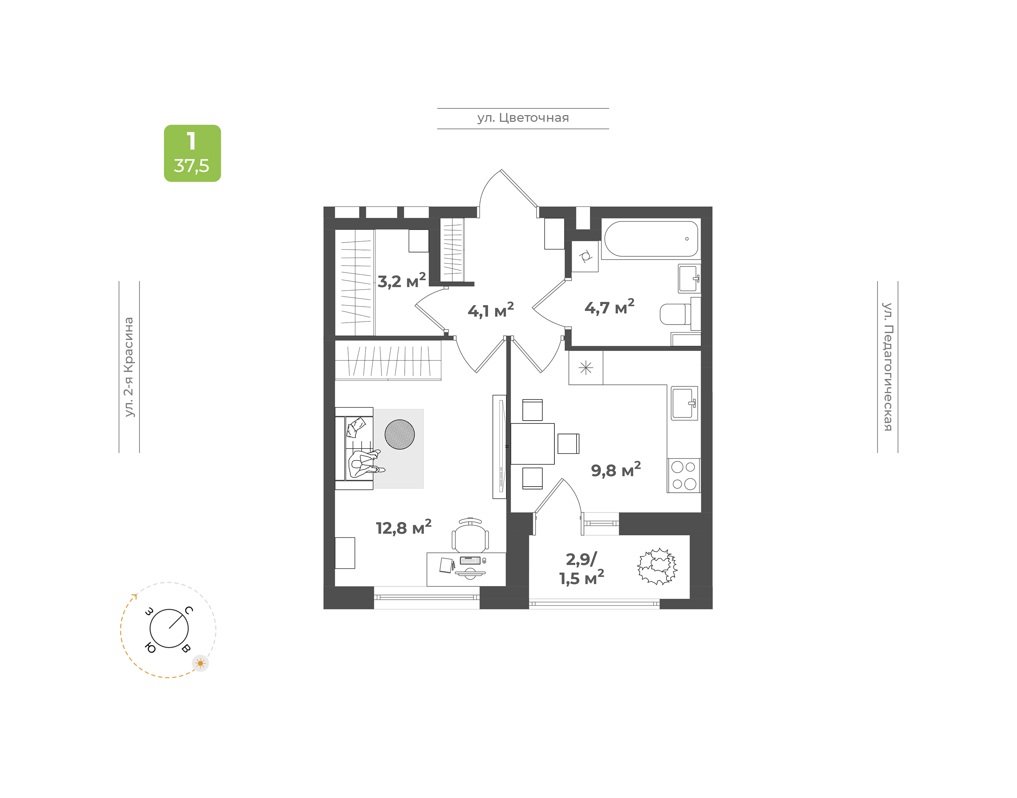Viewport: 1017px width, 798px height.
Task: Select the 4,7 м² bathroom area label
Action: (609, 306)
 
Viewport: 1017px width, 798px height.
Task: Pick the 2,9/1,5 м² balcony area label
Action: (582, 568)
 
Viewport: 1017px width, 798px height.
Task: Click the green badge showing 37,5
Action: (192, 153)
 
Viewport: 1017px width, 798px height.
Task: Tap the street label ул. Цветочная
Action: (523, 118)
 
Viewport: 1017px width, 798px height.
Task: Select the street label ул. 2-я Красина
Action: (129, 367)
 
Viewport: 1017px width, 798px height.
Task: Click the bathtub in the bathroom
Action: (651, 239)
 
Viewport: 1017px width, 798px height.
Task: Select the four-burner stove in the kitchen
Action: (683, 475)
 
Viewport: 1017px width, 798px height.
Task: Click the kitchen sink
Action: (684, 403)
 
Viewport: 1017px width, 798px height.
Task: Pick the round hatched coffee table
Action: (399, 434)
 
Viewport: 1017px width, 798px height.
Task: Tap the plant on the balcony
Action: (657, 566)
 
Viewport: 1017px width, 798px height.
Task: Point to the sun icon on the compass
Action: (201, 663)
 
